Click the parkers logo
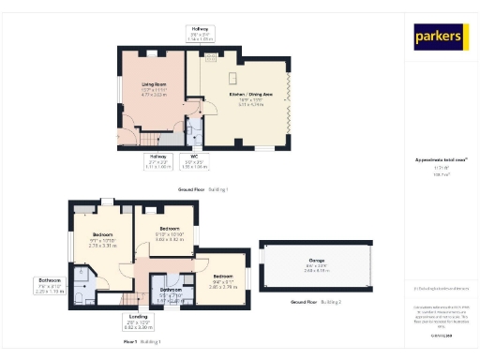coord(440,37)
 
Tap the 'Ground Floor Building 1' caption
coord(202,189)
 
